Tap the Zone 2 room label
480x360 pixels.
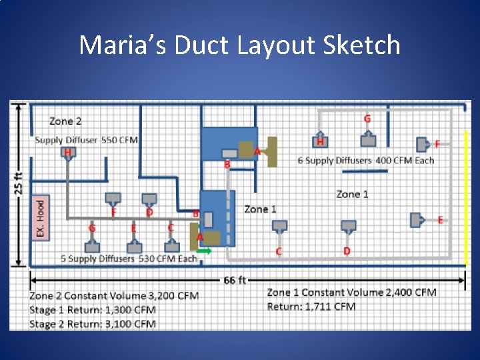tap(65, 121)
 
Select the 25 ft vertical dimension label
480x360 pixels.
tap(18, 181)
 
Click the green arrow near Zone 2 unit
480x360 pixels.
tap(205, 251)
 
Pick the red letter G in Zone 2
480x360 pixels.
tap(92, 228)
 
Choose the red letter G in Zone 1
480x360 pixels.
tap(367, 119)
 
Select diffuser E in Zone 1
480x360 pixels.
tap(417, 219)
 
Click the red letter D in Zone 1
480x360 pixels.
tap(347, 251)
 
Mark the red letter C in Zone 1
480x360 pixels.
tap(279, 251)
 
